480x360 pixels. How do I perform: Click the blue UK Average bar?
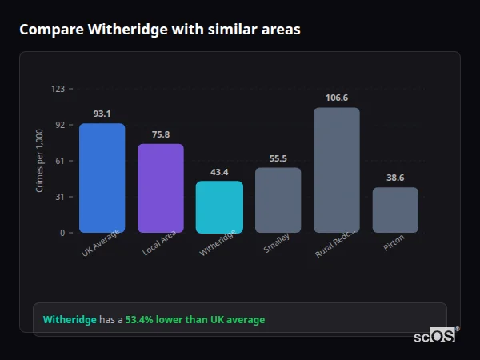(102, 178)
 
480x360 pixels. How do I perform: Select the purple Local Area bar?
(161, 188)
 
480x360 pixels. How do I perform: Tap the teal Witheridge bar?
(219, 206)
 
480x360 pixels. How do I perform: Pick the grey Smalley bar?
(278, 200)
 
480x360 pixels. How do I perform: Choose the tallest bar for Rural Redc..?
(337, 170)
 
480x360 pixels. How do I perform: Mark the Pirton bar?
(395, 210)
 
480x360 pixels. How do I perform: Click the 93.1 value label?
(102, 114)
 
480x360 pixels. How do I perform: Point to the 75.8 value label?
(161, 134)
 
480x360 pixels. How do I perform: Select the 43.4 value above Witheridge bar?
(219, 172)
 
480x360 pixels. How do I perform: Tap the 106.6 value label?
(337, 98)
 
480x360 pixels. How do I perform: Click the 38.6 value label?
(395, 178)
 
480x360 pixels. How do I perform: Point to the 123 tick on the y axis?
(58, 89)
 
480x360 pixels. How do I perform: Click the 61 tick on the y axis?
(60, 161)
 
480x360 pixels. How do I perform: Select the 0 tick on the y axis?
(62, 233)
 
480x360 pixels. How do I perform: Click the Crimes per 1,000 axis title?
(40, 161)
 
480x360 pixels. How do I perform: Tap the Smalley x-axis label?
(277, 243)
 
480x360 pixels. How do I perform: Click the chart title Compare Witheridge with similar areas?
(159, 30)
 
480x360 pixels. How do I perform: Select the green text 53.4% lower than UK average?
(194, 320)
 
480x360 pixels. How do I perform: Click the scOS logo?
(434, 337)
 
